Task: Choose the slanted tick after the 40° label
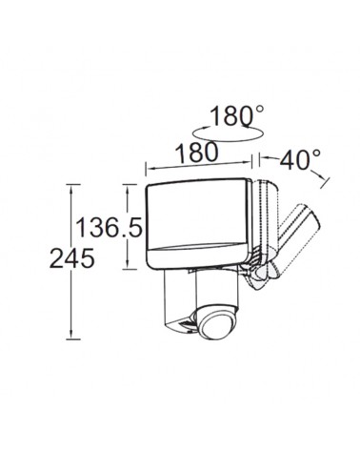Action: point(325,179)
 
